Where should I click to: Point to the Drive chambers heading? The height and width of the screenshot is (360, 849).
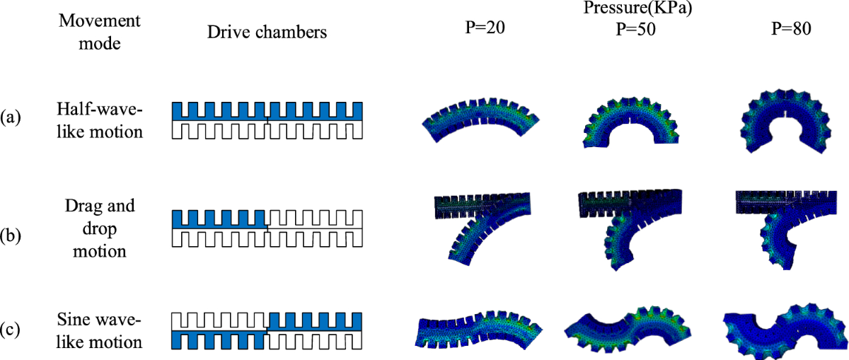click(267, 32)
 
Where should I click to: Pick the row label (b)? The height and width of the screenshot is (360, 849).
click(11, 228)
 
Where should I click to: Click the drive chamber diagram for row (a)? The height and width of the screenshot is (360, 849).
click(267, 120)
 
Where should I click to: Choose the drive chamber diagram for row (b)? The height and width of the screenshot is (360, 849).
click(267, 228)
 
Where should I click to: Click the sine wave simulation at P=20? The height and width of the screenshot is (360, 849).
click(478, 327)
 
